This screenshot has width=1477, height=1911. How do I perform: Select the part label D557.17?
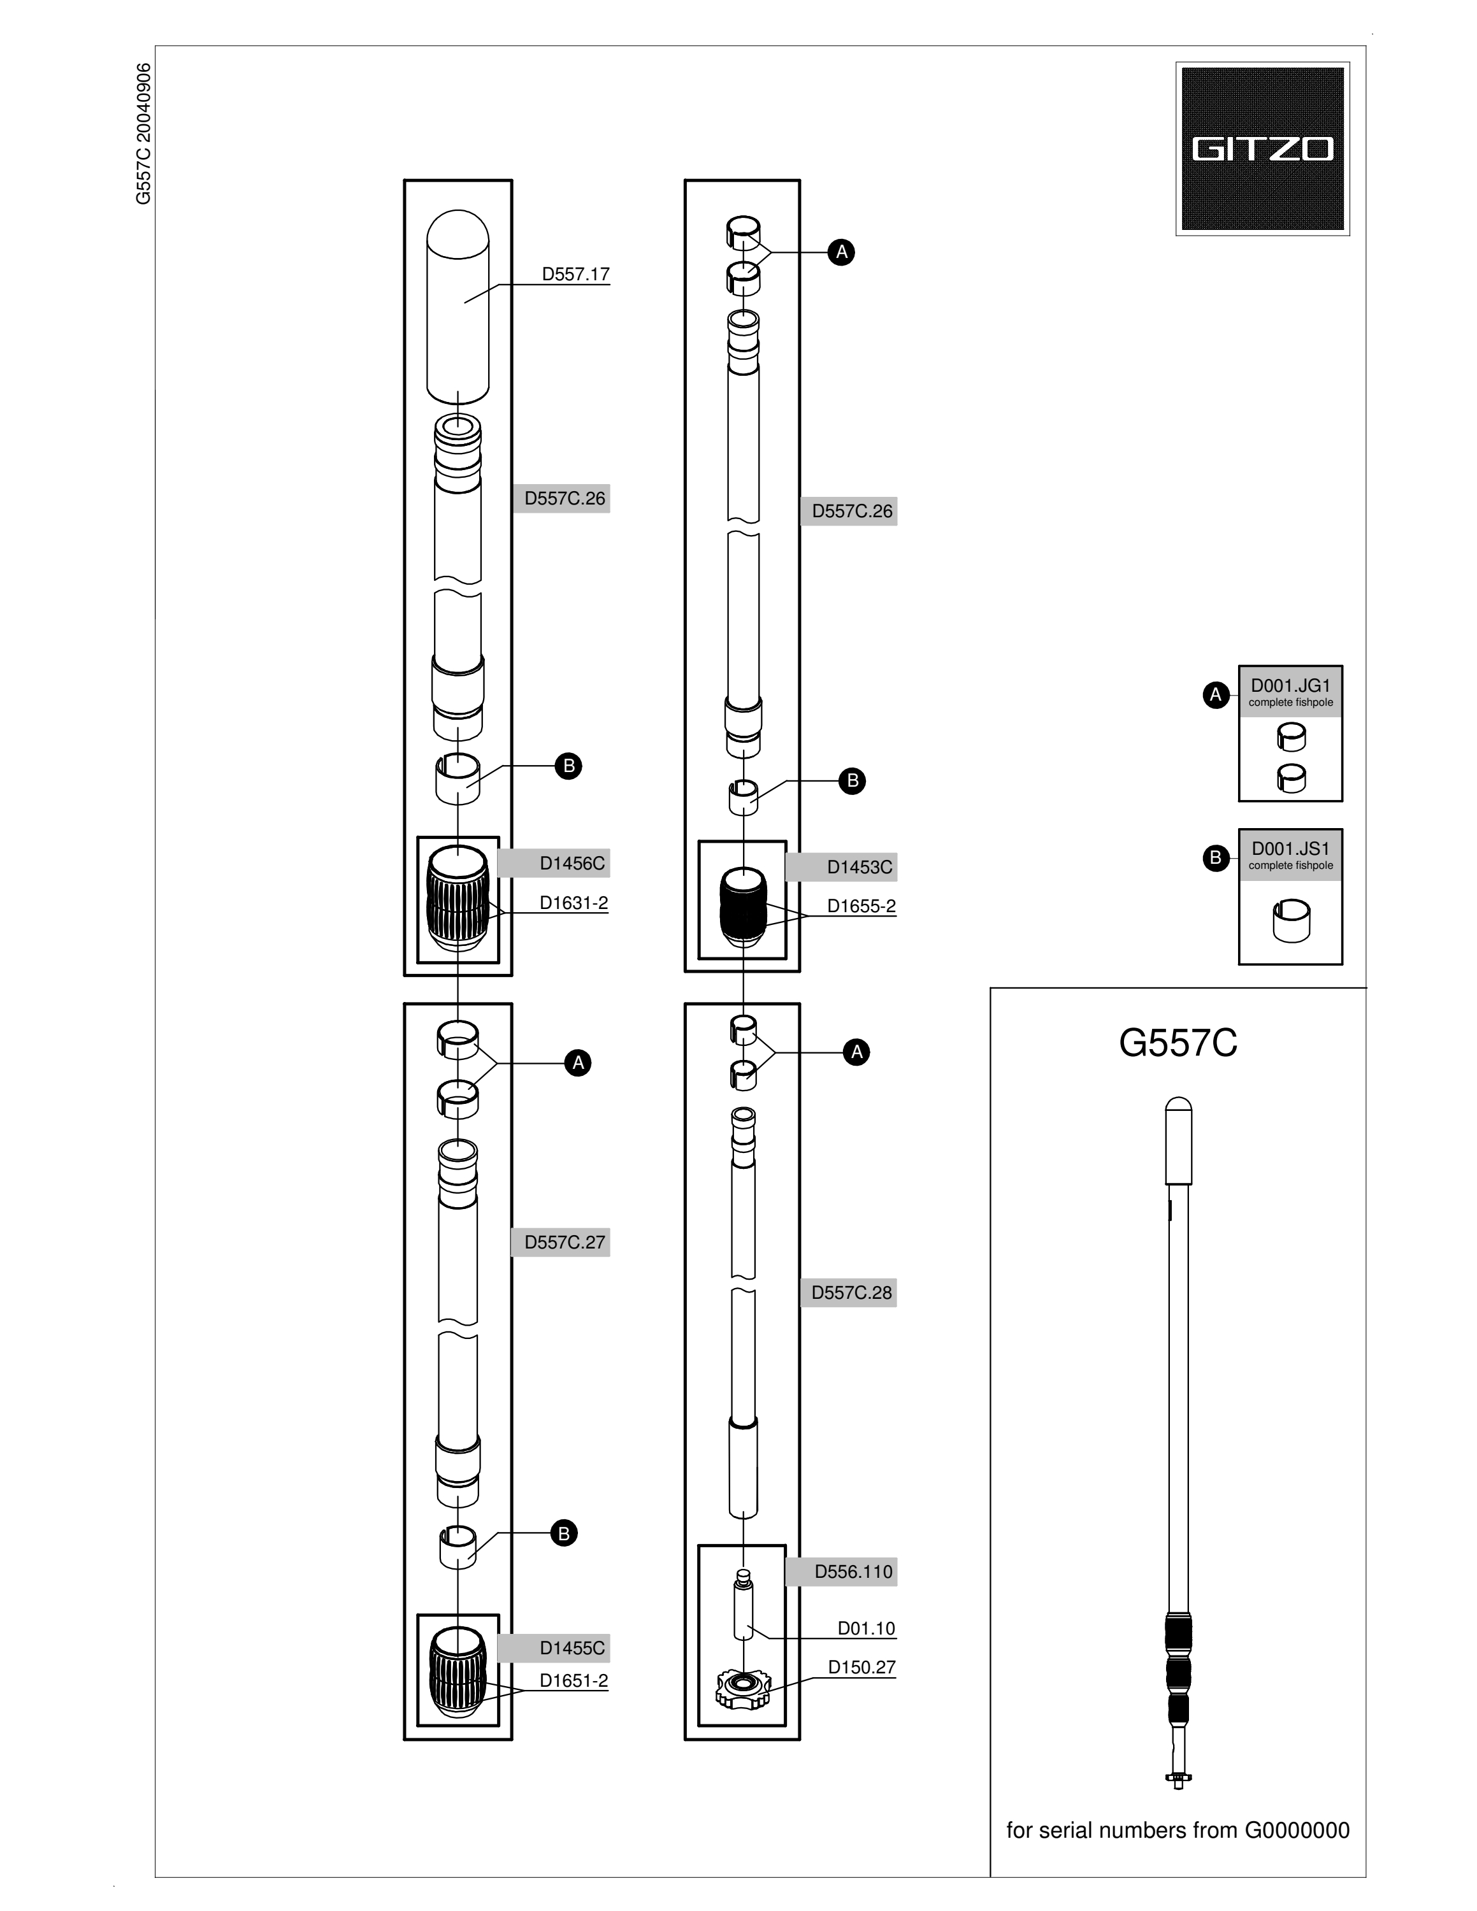pyautogui.click(x=575, y=274)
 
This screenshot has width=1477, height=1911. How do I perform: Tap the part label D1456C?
pyautogui.click(x=572, y=864)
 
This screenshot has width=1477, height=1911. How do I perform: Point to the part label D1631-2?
pyautogui.click(x=573, y=903)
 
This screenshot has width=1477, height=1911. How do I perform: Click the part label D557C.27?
pyautogui.click(x=565, y=1243)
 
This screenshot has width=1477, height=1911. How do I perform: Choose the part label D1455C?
pyautogui.click(x=572, y=1649)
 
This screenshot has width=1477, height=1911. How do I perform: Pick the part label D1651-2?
pyautogui.click(x=573, y=1681)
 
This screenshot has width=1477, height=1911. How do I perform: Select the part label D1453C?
pyautogui.click(x=860, y=867)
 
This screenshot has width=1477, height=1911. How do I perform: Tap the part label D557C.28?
pyautogui.click(x=851, y=1292)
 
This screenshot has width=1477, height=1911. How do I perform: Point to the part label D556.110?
pyautogui.click(x=853, y=1571)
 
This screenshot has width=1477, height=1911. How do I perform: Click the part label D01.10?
pyautogui.click(x=866, y=1628)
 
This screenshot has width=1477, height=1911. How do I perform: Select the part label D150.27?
pyautogui.click(x=862, y=1667)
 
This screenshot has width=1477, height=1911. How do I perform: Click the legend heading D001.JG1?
pyautogui.click(x=1291, y=685)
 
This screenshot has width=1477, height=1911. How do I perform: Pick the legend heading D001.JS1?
pyautogui.click(x=1291, y=848)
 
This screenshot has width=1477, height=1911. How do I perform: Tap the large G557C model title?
pyautogui.click(x=1178, y=1043)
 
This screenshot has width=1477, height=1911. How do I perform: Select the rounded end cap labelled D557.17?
pyautogui.click(x=458, y=306)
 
